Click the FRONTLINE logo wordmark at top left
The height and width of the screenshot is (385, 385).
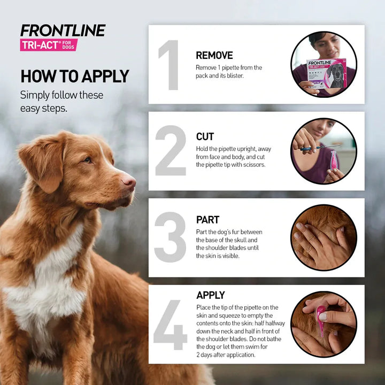coord(63,30)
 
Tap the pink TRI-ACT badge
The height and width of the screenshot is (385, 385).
coord(49,45)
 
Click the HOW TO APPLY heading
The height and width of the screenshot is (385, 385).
coord(74,76)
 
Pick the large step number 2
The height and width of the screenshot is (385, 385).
coord(171,151)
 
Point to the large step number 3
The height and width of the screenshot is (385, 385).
coord(171,237)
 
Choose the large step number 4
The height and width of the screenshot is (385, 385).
coord(171,325)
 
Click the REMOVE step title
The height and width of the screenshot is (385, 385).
coord(214,55)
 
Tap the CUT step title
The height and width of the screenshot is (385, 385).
coord(205,137)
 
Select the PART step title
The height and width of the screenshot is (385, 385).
coord(207,220)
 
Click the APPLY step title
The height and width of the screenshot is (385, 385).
coord(211,295)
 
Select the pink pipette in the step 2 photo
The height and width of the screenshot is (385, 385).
coord(334,160)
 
